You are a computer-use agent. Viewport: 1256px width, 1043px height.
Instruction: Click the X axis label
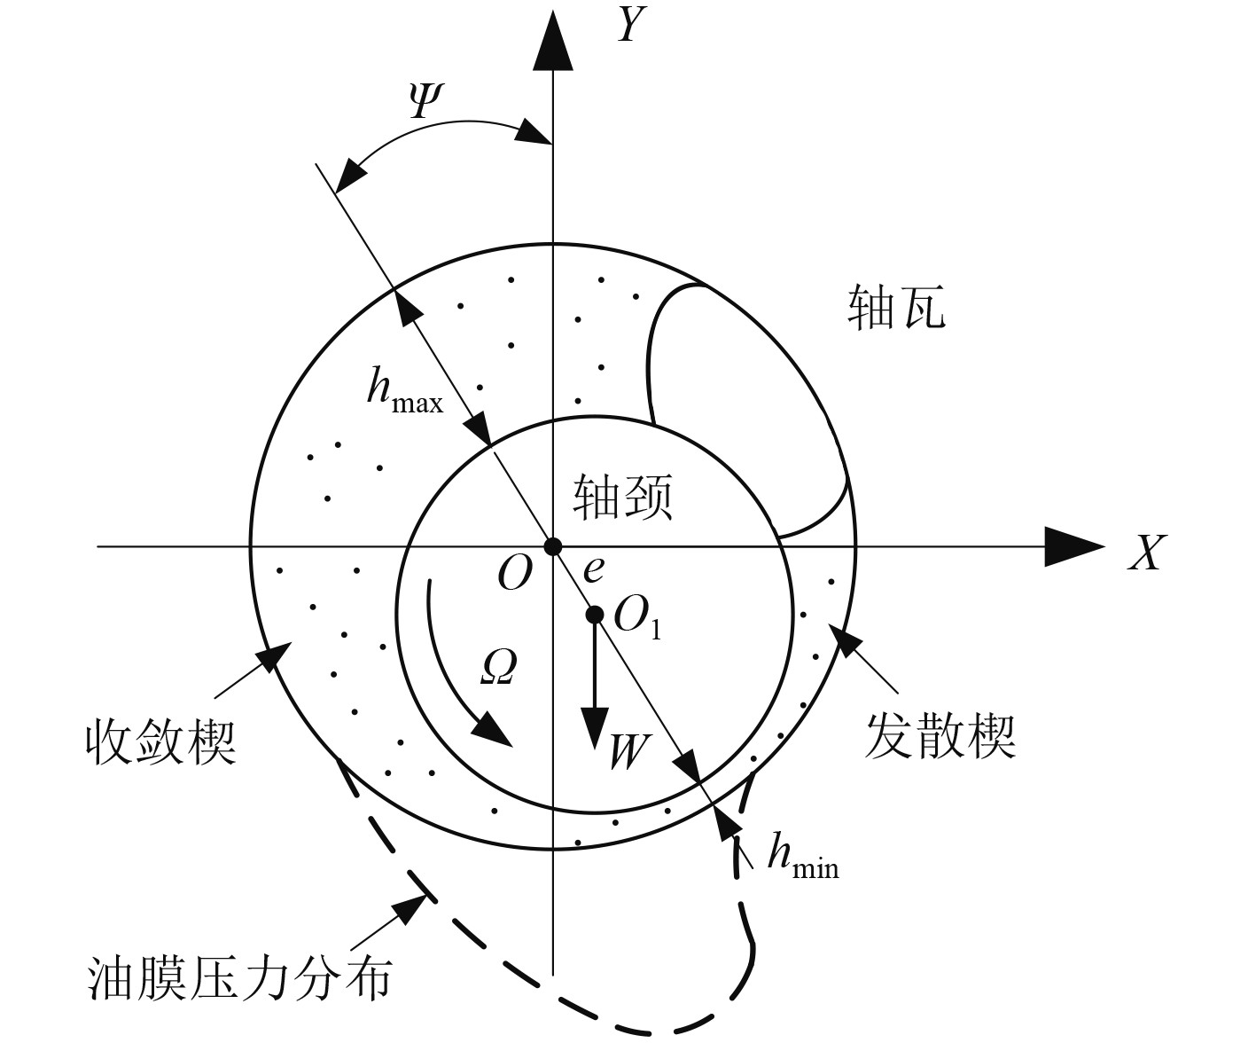click(1145, 552)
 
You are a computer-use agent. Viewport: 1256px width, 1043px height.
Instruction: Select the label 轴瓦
click(896, 309)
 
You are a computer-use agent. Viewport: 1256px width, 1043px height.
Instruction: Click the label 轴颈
click(622, 497)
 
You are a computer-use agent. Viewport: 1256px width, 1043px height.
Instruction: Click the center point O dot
click(553, 545)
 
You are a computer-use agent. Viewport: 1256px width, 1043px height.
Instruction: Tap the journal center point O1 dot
click(596, 614)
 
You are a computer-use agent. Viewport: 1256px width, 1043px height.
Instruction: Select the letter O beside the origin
click(515, 574)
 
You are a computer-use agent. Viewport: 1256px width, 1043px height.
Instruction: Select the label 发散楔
click(939, 735)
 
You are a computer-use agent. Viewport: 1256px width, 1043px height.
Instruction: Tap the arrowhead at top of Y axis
click(552, 40)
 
